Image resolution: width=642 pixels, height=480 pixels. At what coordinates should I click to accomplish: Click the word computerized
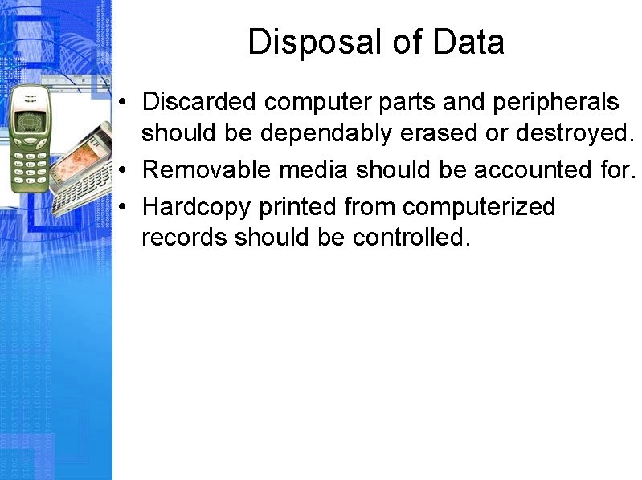click(x=479, y=207)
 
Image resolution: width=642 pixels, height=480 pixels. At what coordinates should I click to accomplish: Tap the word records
click(x=184, y=238)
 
